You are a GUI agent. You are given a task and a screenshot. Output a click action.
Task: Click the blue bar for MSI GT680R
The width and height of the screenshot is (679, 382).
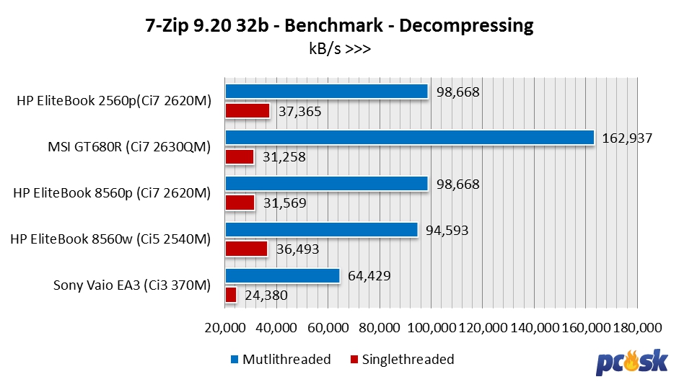(409, 138)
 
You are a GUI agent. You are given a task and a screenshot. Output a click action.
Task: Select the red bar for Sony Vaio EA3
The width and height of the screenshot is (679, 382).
(231, 295)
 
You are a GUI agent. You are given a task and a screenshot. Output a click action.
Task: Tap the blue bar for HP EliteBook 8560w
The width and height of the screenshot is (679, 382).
(321, 230)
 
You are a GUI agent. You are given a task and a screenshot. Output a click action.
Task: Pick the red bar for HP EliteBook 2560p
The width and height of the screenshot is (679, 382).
(247, 111)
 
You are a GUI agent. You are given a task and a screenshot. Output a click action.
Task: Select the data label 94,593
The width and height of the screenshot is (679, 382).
(445, 231)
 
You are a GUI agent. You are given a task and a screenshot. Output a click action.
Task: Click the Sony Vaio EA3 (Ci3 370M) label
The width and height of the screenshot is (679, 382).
(132, 285)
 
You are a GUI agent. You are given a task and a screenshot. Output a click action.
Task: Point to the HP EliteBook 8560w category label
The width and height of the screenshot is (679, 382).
(110, 239)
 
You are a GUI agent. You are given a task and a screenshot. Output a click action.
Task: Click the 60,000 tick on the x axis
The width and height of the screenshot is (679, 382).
(328, 327)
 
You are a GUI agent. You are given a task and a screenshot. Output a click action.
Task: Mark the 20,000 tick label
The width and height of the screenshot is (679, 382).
(225, 327)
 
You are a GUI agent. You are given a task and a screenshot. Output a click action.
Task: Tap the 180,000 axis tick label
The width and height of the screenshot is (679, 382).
(638, 327)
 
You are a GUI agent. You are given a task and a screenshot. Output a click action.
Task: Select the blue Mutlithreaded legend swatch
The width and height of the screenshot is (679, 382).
(235, 359)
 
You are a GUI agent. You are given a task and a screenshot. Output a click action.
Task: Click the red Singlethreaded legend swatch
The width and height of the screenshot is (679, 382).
(354, 359)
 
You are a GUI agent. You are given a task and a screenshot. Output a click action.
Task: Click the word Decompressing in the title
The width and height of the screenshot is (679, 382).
(466, 26)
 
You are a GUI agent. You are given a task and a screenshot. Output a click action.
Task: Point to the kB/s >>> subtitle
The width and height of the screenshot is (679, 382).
(339, 49)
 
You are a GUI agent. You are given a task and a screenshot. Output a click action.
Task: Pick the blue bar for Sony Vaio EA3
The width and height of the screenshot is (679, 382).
(282, 276)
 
